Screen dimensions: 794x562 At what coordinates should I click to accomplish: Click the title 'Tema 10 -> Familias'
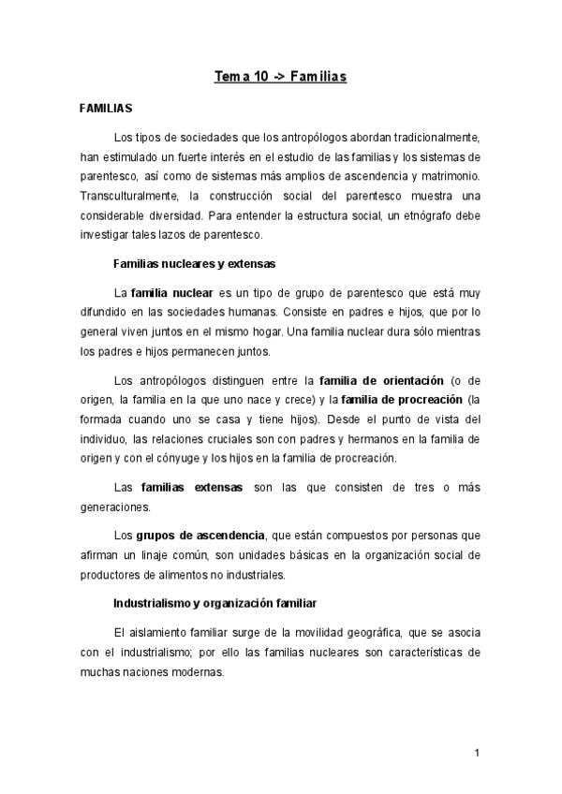coord(280,76)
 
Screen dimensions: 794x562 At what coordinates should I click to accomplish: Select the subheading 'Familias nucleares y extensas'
coord(194,263)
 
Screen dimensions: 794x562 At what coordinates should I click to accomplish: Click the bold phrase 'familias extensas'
coord(191,487)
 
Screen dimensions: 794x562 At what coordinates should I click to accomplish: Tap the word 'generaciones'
coord(115,507)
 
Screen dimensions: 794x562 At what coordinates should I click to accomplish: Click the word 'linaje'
coord(149,555)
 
